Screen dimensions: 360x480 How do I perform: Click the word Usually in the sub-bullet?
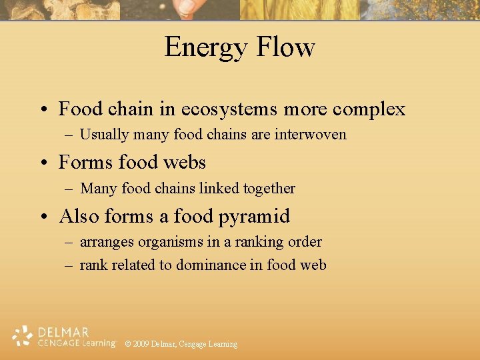point(104,135)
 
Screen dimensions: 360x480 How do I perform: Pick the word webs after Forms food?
point(182,162)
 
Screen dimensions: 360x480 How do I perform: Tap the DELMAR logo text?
point(63,331)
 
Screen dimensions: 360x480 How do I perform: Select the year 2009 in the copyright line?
point(141,344)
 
